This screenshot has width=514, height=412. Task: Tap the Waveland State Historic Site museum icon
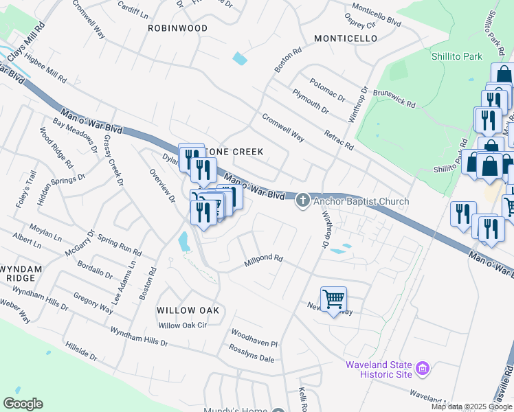tap(423, 369)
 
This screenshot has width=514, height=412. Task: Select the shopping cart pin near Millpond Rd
tap(333, 299)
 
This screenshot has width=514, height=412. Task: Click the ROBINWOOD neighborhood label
tap(177, 28)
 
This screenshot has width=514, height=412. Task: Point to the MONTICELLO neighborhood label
tap(346, 38)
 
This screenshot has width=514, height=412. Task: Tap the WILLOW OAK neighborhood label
tap(188, 310)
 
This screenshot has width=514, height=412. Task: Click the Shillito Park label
tap(457, 57)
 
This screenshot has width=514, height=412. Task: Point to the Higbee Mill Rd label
tap(45, 69)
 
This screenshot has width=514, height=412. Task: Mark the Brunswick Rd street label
tap(394, 98)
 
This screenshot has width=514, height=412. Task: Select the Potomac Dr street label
tap(327, 91)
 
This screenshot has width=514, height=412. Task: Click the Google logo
tap(23, 404)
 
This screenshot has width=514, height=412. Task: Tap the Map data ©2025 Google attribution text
tap(471, 407)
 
